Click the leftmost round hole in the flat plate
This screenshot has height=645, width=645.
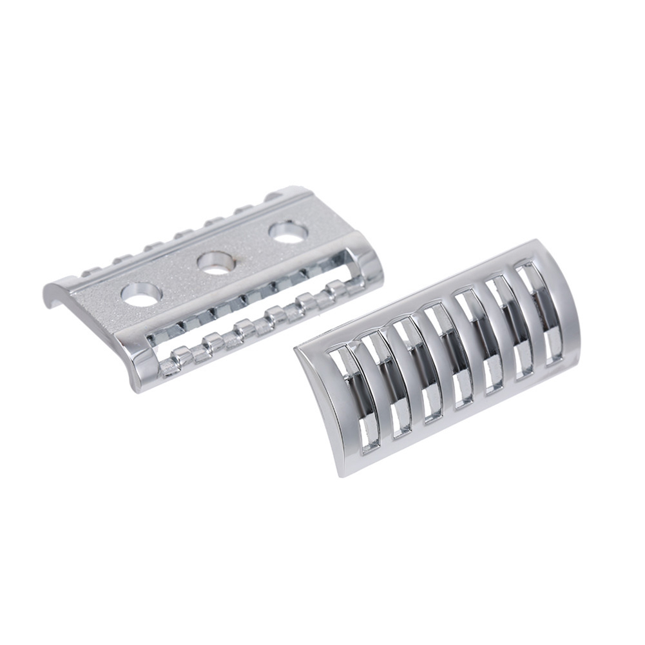pos(140,294)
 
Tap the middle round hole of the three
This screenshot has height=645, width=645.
pos(215,263)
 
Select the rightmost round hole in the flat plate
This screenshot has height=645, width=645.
pos(288,232)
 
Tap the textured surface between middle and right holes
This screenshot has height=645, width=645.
pos(251,248)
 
